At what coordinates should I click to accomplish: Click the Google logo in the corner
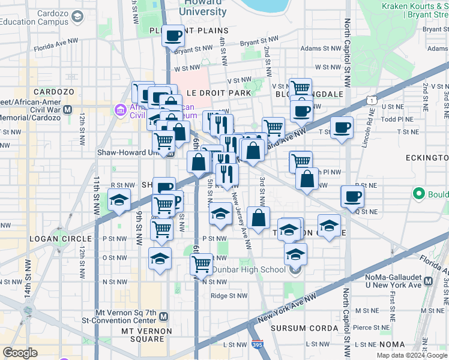[20, 353]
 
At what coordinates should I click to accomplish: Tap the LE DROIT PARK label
[218, 94]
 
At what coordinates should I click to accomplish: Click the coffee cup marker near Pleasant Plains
[173, 36]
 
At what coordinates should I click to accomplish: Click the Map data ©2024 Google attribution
[411, 355]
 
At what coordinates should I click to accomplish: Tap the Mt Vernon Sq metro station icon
[164, 316]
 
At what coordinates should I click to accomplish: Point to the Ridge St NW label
[229, 295]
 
